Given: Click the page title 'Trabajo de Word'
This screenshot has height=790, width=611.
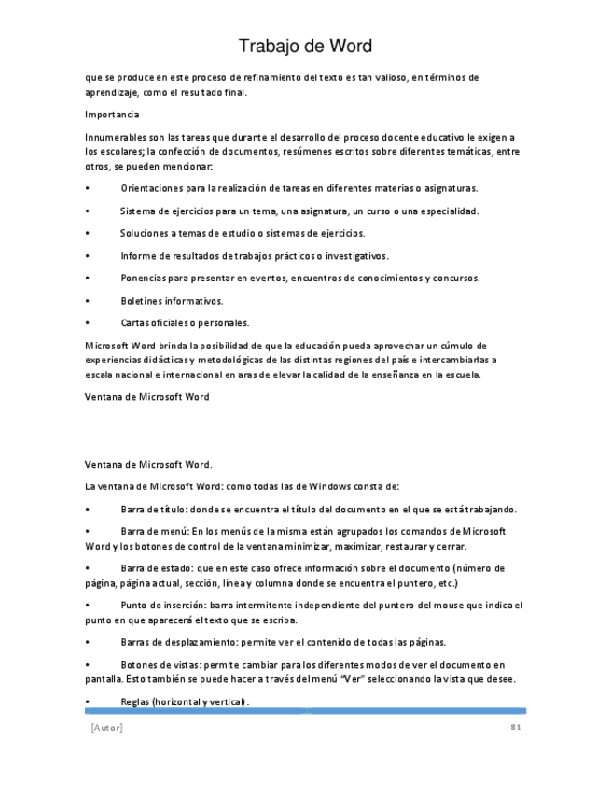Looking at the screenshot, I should click(x=305, y=46).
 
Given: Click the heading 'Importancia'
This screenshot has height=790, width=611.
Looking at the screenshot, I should click(x=112, y=115).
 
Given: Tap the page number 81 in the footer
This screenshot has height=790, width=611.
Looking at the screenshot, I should click(x=515, y=727).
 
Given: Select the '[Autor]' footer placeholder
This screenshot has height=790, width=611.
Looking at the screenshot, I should click(x=106, y=727).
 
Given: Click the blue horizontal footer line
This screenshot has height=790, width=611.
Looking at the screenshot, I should click(x=305, y=711).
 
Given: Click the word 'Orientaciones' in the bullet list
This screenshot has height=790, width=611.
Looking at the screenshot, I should click(x=149, y=188).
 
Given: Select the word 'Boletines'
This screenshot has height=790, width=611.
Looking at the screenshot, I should click(x=142, y=301).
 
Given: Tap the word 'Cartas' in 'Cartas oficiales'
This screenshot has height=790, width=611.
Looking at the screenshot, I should click(x=135, y=323).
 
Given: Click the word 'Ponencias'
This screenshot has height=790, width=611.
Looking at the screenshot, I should click(x=144, y=279).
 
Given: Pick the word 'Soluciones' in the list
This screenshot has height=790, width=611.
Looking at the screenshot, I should click(x=144, y=233).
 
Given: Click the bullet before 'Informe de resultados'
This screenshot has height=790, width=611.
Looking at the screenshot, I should click(x=87, y=256).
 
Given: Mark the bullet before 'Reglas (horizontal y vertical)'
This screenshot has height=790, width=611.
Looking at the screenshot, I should click(x=87, y=701).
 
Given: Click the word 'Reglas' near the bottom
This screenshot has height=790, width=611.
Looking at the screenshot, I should click(x=136, y=701).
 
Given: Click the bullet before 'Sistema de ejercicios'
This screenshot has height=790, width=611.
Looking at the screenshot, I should click(x=87, y=211).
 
